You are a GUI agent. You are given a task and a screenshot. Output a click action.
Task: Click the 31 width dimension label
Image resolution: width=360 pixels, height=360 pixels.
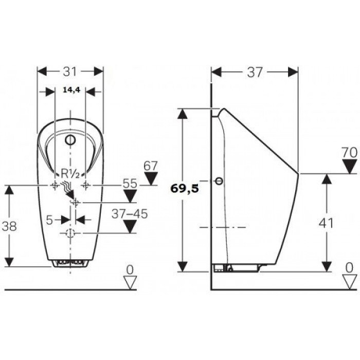click(70, 72)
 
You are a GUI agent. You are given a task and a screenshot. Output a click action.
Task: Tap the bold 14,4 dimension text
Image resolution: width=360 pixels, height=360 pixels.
click(71, 90)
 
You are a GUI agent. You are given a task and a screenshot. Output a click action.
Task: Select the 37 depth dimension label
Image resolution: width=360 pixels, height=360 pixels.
click(255, 73)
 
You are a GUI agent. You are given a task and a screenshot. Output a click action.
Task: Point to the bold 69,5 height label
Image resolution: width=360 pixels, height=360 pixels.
click(184, 189)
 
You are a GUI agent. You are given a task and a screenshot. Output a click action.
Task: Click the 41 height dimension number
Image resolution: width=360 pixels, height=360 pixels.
click(326, 223)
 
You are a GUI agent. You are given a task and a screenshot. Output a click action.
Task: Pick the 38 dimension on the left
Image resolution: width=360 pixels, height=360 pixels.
click(9, 226)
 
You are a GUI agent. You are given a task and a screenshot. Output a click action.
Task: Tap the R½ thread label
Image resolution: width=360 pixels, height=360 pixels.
click(70, 174)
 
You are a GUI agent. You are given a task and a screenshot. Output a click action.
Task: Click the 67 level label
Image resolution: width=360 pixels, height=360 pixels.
click(151, 166)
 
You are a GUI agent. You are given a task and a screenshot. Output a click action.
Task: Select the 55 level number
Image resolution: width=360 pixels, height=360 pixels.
click(130, 184)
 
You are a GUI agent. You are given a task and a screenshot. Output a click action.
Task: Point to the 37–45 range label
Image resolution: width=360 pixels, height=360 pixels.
click(130, 214)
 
